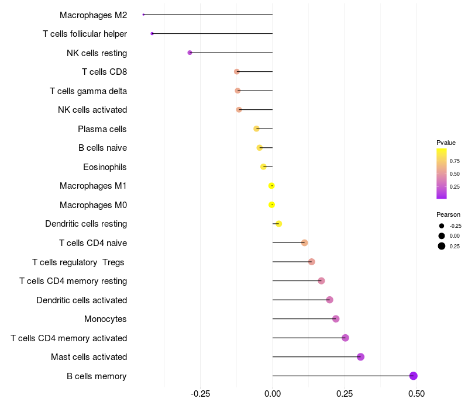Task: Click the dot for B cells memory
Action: point(414,376)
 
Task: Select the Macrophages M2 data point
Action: point(143,15)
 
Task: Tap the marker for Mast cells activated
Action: point(360,357)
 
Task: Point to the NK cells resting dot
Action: point(190,53)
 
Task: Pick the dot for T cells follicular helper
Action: point(152,34)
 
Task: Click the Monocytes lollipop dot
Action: point(336,319)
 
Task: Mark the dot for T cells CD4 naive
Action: point(304,242)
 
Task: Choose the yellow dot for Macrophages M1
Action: point(271,186)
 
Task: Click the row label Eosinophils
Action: point(105,167)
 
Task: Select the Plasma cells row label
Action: point(102,129)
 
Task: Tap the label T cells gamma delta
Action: point(88,91)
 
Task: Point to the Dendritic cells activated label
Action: point(81,300)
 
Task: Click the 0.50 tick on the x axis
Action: point(417,394)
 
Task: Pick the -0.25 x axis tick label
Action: point(201,394)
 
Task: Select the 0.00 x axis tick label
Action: point(273,394)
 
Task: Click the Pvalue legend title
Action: point(446,143)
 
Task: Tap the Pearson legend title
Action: point(448,214)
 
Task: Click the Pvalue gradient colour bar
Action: point(442,174)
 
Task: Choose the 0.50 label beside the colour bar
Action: point(455,174)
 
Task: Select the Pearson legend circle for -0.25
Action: point(442,226)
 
